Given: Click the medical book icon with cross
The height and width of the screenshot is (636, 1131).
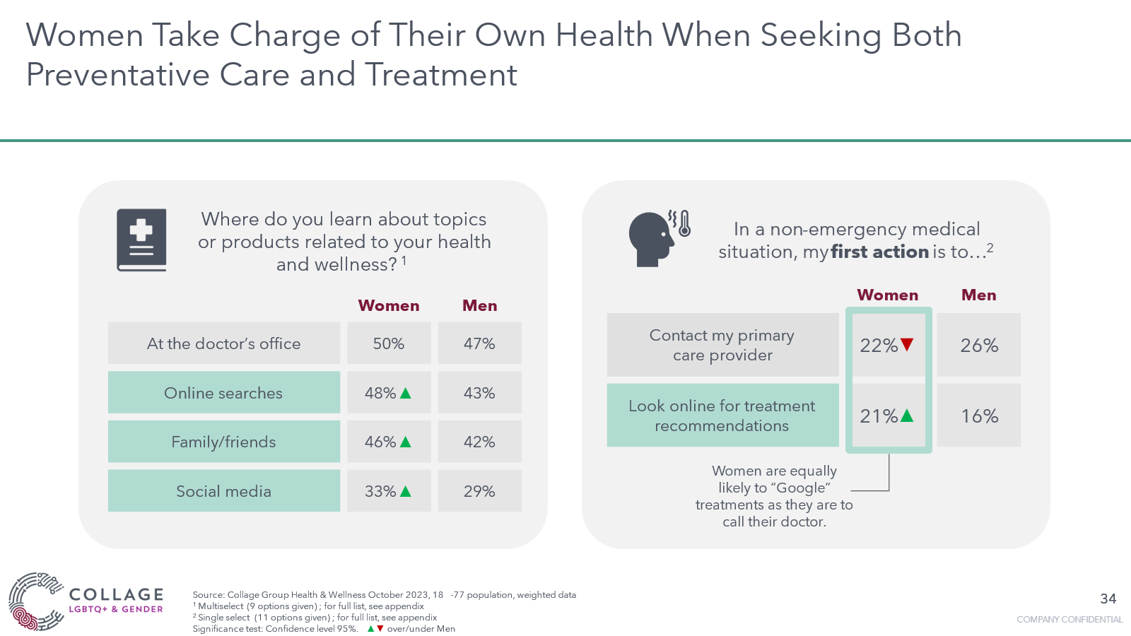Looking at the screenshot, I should (x=141, y=240).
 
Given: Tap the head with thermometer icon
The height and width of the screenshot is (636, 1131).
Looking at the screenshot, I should (x=657, y=238).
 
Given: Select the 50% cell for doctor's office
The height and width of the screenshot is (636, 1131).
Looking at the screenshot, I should (x=389, y=343).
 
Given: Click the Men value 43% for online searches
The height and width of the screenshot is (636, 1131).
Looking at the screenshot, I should (x=479, y=393).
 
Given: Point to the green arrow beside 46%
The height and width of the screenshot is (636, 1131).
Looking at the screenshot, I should (x=406, y=442).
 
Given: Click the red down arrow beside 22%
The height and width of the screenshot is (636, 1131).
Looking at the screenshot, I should (x=907, y=345).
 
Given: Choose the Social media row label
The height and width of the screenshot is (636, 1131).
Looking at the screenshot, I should (x=223, y=491).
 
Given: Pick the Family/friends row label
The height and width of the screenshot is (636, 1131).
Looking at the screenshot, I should (x=223, y=442).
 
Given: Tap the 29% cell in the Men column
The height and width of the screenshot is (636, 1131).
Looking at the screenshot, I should (x=479, y=491).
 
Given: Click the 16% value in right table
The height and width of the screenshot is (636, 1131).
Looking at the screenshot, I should (x=979, y=416).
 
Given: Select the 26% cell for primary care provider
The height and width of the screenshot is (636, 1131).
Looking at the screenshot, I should (x=979, y=346).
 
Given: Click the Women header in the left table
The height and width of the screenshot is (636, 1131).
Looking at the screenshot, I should (x=389, y=305).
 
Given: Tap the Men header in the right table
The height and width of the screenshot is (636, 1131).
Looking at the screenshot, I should (x=978, y=295).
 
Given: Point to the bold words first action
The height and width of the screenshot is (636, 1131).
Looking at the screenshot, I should (x=879, y=252).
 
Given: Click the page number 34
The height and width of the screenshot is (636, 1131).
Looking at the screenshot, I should (x=1108, y=599).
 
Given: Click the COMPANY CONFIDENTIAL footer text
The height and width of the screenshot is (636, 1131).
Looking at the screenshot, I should (x=1069, y=619).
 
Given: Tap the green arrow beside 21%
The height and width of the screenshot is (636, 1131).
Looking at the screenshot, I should (x=907, y=416).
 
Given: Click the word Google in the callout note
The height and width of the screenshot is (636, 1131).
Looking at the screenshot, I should (x=799, y=488).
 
